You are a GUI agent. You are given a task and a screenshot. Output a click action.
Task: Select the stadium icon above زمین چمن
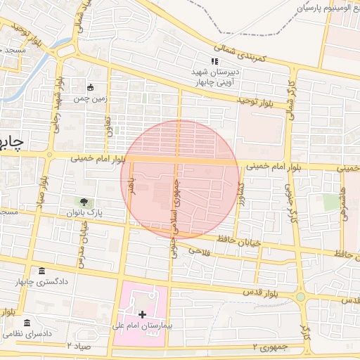(x=90, y=87)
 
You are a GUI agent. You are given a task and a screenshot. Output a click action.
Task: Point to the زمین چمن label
(x=91, y=99)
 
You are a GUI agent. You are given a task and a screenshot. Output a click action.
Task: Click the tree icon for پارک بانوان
(x=84, y=202)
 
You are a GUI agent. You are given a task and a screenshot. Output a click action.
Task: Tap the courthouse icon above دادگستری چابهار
(x=41, y=271)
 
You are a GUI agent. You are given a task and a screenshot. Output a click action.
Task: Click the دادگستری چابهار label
(x=41, y=283)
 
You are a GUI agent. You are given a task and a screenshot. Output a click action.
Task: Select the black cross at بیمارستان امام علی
(x=143, y=314)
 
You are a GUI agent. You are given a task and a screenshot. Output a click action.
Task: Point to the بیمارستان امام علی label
(x=142, y=327)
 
